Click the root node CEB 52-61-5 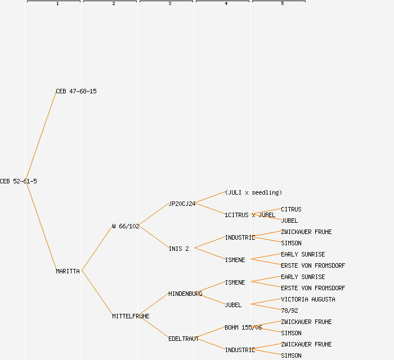click(x=19, y=181)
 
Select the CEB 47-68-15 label click(x=76, y=91)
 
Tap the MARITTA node click(x=68, y=271)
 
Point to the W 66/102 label click(x=126, y=226)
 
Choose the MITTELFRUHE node click(x=131, y=316)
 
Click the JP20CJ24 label click(x=182, y=204)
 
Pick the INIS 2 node click(x=178, y=249)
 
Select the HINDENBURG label click(x=185, y=294)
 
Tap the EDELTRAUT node click(x=183, y=339)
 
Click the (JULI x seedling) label click(x=253, y=192)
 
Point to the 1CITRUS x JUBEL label click(x=250, y=215)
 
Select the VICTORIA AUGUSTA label click(x=308, y=299)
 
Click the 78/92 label click(x=289, y=310)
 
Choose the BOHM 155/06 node click(x=243, y=327)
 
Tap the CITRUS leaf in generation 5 click(x=291, y=209)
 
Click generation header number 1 click(x=57, y=4)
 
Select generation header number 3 click(x=169, y=4)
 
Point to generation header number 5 click(x=282, y=4)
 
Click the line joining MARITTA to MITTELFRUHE click(x=97, y=293)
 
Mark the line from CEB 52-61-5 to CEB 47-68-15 click(x=41, y=136)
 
